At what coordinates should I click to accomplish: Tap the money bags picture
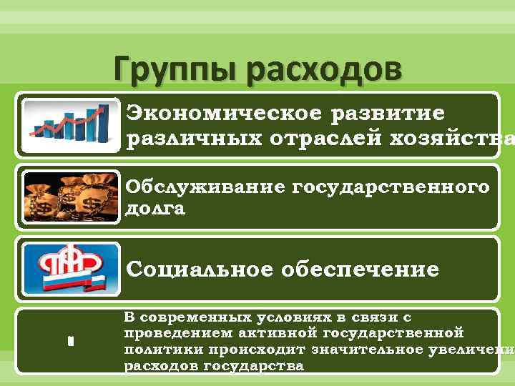point(69,197)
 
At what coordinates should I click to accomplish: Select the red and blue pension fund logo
point(69,269)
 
